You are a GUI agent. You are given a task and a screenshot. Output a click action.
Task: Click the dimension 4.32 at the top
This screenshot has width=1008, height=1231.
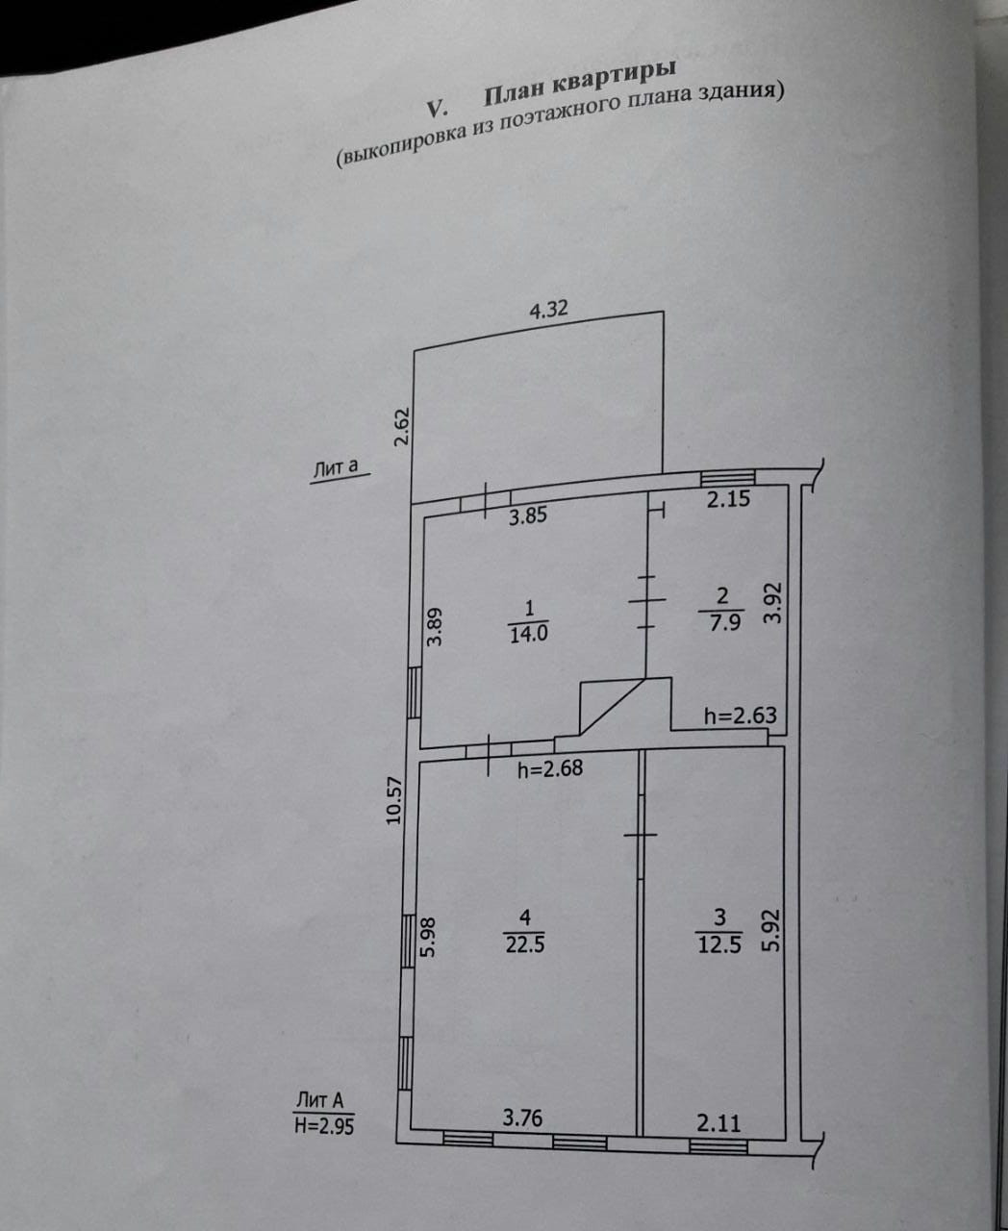point(549,310)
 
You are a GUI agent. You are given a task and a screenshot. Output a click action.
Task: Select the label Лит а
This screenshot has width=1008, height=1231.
point(336,468)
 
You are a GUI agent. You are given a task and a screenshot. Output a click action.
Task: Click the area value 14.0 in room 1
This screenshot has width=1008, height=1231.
point(528,634)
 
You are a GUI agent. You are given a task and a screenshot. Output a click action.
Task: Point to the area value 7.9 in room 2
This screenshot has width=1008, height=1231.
point(723,622)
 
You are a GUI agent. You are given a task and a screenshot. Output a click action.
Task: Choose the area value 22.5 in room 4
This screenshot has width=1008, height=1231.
point(525,944)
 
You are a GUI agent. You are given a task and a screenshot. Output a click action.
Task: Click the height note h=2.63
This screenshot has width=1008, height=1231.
point(740,716)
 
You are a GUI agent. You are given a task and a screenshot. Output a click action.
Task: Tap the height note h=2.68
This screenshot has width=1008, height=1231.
point(550,768)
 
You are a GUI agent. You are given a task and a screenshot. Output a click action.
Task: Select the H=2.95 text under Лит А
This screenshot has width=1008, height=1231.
point(323,1124)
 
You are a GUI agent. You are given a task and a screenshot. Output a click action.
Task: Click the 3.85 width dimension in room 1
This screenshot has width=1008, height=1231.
point(528,515)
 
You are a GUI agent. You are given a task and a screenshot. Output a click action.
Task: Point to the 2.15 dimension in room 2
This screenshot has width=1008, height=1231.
point(729,499)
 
